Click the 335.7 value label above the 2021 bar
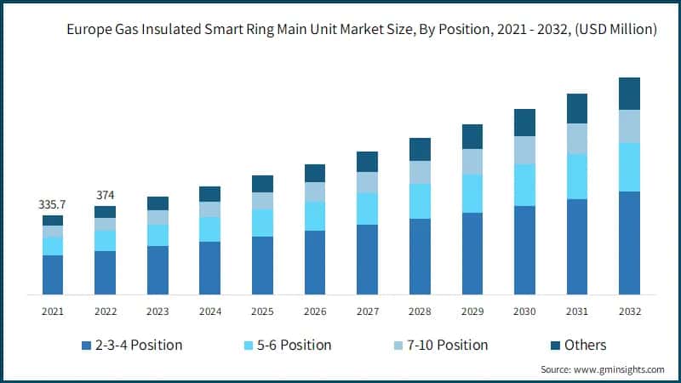53,205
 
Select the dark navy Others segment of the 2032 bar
629,94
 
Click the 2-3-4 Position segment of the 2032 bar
629,243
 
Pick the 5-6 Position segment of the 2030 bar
524,185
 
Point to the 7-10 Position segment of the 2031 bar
577,139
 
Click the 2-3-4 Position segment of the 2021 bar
53,274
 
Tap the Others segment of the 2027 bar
367,162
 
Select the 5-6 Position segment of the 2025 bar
262,223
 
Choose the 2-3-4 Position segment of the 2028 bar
420,256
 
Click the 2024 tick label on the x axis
209,312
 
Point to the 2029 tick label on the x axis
472,312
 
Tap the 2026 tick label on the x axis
315,312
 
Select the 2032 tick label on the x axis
629,312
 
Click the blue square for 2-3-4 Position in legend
86,346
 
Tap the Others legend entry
579,345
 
